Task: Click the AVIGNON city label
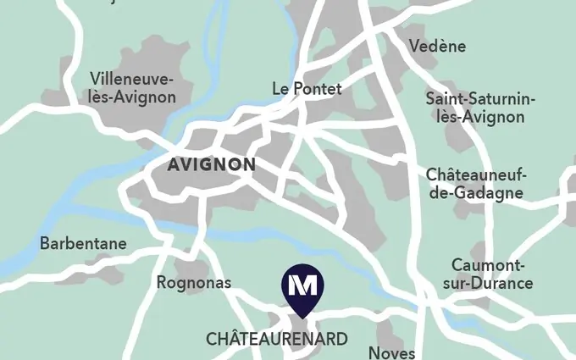211,165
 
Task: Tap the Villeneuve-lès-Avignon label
132,88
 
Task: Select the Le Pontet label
307,89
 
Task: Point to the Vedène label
437,47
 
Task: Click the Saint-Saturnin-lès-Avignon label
480,108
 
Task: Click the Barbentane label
83,244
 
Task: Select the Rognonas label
194,283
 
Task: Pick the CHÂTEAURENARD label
276,340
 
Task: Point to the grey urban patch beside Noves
387,330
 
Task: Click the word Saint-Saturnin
480,98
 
